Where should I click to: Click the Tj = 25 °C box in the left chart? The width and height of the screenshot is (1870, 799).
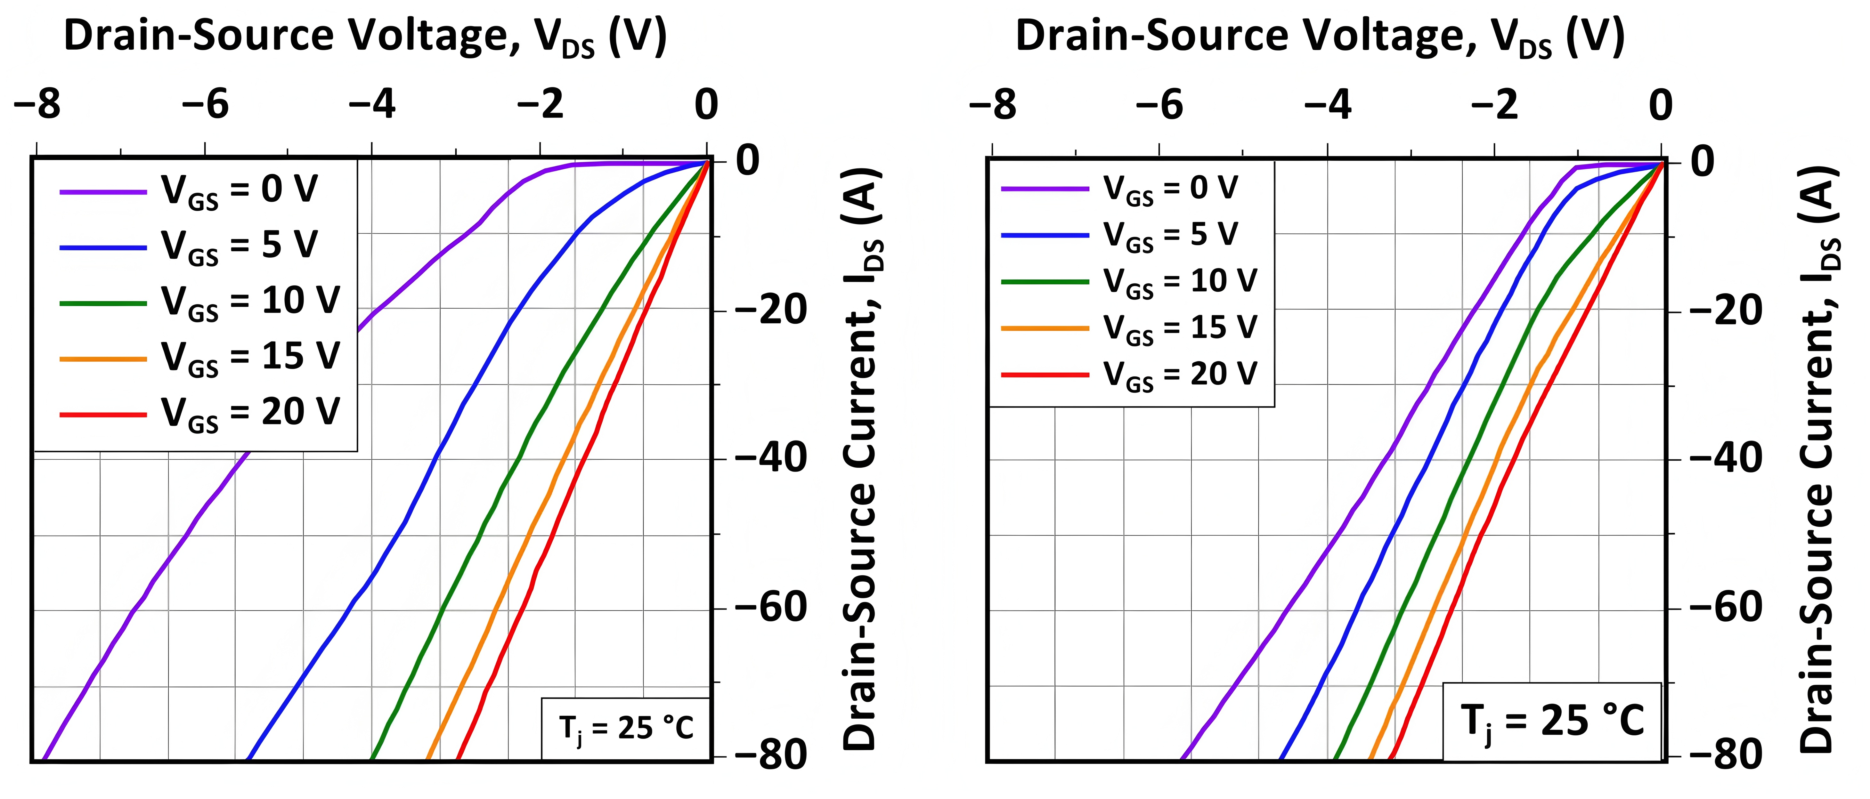pos(626,728)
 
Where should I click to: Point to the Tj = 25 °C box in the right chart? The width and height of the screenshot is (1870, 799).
pos(1552,721)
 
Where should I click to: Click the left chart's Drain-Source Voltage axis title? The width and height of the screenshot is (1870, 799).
pos(365,36)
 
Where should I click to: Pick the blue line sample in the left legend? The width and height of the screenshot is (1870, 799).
pos(103,247)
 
